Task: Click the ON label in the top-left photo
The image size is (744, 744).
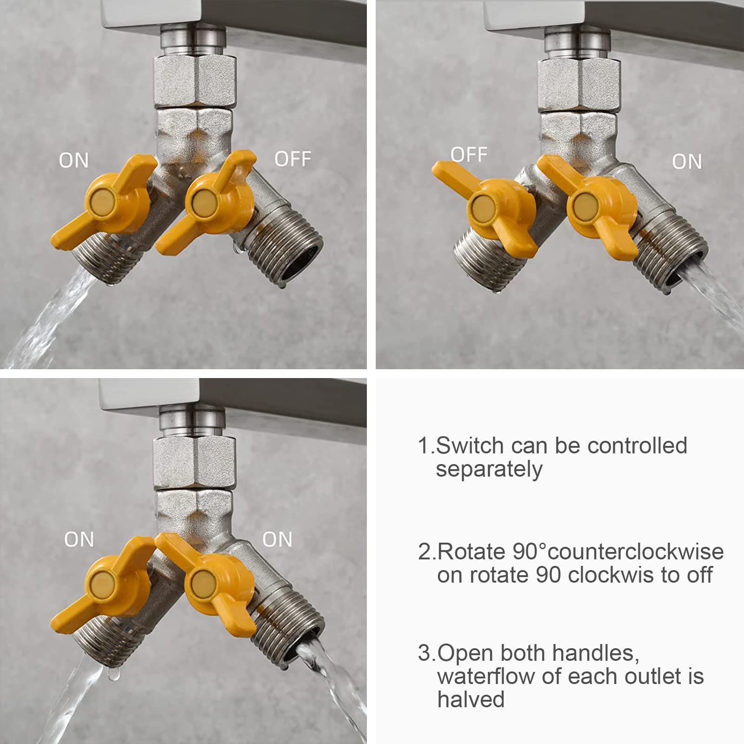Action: [73, 161]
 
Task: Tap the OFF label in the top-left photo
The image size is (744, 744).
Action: [292, 159]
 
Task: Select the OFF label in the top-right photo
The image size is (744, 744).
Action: [469, 154]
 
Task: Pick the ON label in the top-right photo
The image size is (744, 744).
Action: [687, 162]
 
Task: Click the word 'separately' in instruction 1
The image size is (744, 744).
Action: [489, 470]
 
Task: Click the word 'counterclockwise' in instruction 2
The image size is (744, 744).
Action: [636, 552]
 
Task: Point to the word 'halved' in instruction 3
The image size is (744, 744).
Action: [471, 699]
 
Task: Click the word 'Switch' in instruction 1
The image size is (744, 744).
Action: [470, 445]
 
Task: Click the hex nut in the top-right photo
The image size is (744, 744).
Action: [578, 84]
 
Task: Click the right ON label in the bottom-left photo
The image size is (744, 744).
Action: [277, 539]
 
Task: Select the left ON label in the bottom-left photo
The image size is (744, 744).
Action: [79, 539]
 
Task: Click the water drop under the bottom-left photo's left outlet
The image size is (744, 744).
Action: [111, 675]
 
